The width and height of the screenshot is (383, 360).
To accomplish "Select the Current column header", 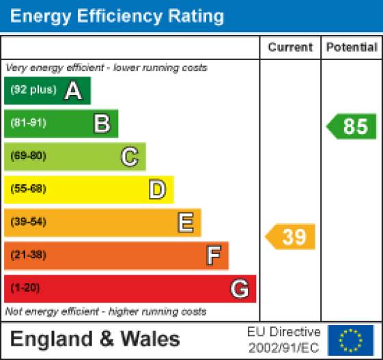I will [290, 48].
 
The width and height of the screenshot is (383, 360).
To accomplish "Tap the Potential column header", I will [352, 48].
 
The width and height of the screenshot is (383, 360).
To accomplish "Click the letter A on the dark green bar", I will [73, 91].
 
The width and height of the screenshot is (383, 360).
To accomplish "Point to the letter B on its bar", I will [101, 124].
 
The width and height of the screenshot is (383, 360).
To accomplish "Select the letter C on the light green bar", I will [129, 156].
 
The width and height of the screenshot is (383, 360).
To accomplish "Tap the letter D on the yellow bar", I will [157, 189].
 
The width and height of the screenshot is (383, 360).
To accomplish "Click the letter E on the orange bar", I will [185, 222].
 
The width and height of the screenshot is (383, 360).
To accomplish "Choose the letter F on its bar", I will [213, 255].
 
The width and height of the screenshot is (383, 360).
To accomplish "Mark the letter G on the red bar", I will [239, 289].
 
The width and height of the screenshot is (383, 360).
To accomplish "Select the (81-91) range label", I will [28, 124].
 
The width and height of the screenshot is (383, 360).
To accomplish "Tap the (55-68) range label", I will [28, 189].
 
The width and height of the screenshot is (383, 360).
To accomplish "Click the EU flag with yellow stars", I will [351, 340].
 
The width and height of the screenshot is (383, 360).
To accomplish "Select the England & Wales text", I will [96, 340].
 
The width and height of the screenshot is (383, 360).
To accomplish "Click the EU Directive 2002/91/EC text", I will [283, 340].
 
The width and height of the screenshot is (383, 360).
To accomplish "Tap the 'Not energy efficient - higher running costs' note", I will [106, 311].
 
